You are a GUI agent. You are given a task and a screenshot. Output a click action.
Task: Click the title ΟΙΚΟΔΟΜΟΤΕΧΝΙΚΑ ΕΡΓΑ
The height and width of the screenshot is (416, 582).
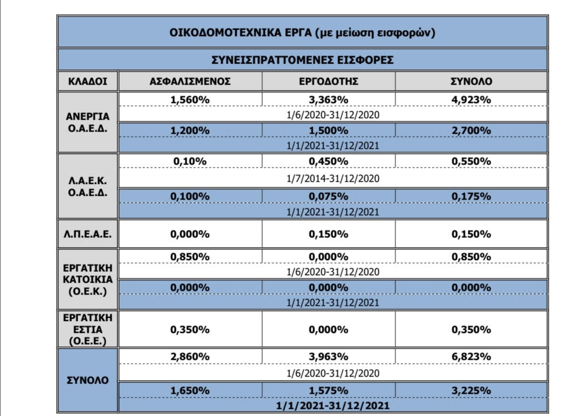tap(240, 33)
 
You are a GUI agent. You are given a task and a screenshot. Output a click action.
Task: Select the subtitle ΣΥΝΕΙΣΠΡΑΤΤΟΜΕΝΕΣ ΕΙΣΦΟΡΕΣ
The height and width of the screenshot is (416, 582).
tap(302, 60)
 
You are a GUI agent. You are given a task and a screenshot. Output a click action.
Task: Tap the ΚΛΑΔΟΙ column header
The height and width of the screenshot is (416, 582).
tap(88, 81)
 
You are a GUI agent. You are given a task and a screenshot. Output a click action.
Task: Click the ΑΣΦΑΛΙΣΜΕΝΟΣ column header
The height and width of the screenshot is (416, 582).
tap(190, 81)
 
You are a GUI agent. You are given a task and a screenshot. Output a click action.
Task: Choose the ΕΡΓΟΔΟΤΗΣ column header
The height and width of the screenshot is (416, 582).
tap(329, 81)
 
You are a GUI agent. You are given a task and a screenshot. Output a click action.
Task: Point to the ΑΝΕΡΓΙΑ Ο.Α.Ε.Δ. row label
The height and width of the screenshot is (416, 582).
tap(88, 122)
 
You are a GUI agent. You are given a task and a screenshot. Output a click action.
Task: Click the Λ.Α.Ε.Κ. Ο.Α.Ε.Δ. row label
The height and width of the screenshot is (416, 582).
tap(88, 187)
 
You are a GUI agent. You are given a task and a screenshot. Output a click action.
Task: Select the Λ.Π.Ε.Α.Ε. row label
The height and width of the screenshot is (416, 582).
tap(88, 234)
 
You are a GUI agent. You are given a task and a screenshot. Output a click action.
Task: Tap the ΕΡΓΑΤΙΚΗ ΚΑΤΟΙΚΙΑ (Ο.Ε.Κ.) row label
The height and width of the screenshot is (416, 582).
tap(88, 280)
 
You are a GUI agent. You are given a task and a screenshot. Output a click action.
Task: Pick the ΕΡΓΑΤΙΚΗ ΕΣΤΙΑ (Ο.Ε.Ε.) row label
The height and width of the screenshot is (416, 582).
tap(88, 329)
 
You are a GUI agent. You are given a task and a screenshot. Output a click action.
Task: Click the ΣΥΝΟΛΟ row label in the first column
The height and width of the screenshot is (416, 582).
tap(88, 380)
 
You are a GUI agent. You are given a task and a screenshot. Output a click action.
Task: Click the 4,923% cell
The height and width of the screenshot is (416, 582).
tap(471, 100)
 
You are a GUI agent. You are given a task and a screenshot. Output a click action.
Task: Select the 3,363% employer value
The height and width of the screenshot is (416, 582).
tap(329, 100)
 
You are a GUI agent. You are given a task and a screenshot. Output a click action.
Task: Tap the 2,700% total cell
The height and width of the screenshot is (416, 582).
tap(471, 131)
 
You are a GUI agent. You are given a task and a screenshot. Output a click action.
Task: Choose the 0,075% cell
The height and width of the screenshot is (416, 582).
tap(329, 196)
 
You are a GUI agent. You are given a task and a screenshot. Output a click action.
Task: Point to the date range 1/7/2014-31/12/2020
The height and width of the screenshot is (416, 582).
tap(333, 179)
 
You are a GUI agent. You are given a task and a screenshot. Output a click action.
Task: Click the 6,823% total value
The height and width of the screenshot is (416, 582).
tap(471, 357)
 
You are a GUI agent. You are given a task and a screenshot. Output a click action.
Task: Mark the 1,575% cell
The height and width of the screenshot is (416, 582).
tap(329, 391)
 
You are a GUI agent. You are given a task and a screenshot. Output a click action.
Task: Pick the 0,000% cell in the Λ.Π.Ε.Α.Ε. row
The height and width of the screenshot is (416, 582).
tap(190, 234)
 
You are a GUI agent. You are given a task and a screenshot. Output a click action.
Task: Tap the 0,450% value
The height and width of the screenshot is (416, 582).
tap(329, 161)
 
